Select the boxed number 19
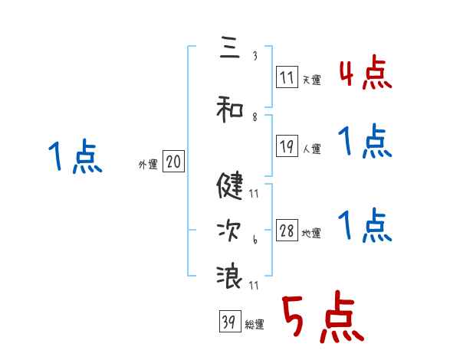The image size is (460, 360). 287,147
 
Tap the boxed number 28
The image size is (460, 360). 287,231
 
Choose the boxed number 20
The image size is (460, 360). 173,162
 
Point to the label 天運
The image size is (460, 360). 311,80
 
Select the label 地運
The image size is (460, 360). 311,234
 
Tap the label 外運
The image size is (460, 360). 147,164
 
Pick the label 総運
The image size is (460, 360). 254,325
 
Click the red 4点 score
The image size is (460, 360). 365,74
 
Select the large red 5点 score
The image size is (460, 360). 323,319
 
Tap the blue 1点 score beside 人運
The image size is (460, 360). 365,142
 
